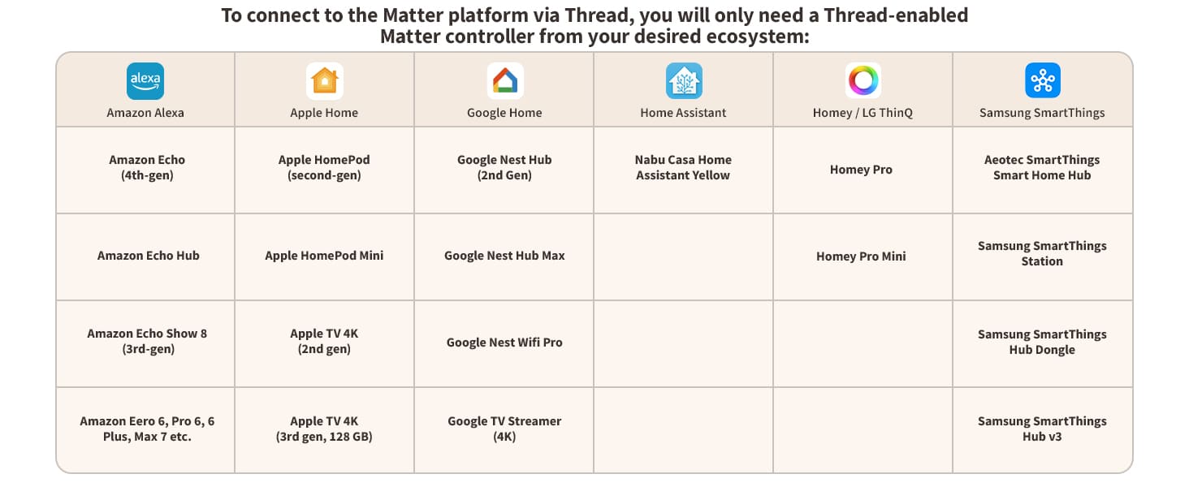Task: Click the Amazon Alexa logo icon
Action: tap(145, 81)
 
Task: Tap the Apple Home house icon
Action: tap(324, 81)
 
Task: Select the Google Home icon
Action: tap(505, 80)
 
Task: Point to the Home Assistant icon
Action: tap(684, 80)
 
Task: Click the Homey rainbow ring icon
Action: tap(863, 80)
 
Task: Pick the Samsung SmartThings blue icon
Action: tap(1043, 80)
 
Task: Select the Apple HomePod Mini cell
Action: tap(324, 256)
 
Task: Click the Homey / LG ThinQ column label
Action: tap(863, 113)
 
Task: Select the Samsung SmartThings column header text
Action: tap(1042, 113)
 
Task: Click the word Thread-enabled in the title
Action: tap(896, 15)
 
